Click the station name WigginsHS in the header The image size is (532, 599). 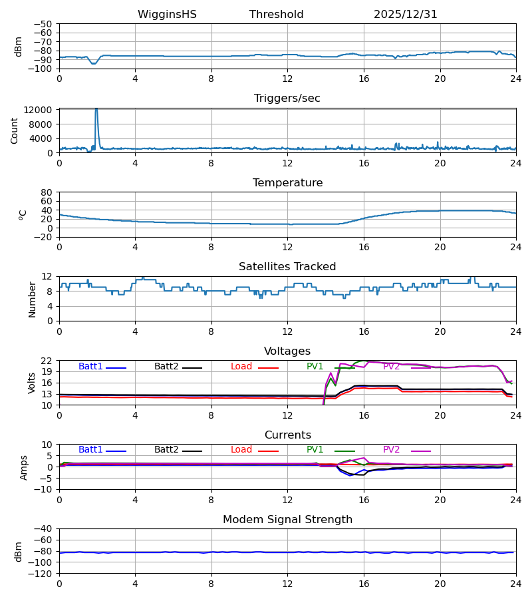(167, 15)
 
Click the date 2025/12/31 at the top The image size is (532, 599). (406, 15)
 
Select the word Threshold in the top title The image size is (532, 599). (276, 15)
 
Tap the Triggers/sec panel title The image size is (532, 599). (287, 99)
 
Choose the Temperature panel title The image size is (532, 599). (287, 183)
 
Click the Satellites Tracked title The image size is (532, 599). (287, 267)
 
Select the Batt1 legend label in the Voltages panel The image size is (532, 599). (90, 367)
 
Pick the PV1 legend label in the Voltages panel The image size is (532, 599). (315, 367)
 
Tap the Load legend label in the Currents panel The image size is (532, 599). (241, 450)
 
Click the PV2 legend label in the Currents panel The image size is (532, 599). (392, 450)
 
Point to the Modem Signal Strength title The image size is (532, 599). (287, 520)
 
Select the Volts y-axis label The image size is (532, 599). (32, 383)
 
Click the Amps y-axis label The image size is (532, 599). (25, 467)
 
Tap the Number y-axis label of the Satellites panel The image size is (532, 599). (32, 299)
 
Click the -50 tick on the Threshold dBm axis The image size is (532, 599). (43, 24)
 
